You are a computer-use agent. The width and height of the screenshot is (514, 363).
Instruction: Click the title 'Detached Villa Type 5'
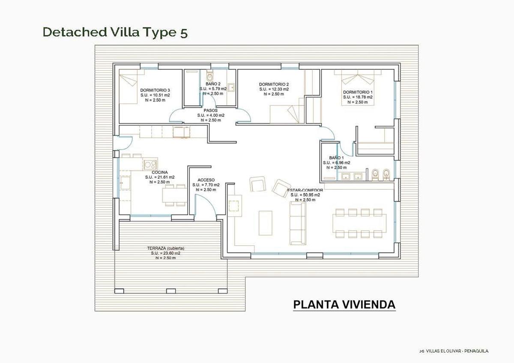(115, 32)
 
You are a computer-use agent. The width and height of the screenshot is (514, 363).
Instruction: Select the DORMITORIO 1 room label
(358, 92)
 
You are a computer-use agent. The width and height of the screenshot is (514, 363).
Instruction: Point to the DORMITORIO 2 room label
(274, 84)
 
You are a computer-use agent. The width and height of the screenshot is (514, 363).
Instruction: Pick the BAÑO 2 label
(213, 83)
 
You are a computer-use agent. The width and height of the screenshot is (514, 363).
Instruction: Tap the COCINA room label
(159, 172)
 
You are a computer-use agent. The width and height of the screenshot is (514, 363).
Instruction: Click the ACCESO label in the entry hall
(206, 180)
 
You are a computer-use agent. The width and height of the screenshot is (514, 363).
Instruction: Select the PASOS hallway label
(211, 110)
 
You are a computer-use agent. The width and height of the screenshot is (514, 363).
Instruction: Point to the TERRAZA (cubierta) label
(165, 248)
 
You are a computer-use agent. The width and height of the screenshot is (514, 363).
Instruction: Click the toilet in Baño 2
(209, 76)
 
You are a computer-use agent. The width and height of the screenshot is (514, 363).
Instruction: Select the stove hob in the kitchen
(150, 164)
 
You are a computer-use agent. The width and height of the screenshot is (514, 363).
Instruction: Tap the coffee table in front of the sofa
(265, 223)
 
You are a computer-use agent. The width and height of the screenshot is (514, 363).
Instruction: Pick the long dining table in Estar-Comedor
(359, 223)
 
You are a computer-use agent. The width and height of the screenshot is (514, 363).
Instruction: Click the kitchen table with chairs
(175, 195)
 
